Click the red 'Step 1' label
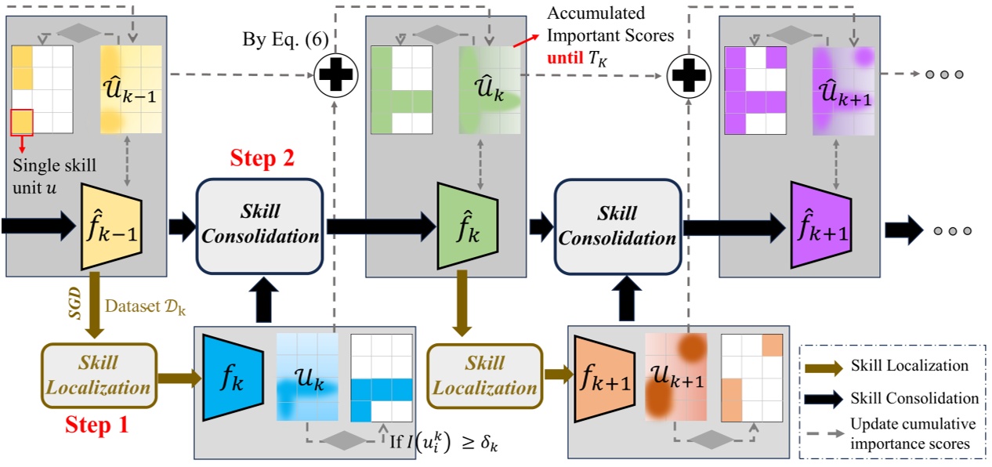tap(96, 425)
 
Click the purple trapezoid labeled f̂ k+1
tap(820, 226)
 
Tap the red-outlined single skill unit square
tap(22, 121)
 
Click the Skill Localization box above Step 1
tap(98, 375)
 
